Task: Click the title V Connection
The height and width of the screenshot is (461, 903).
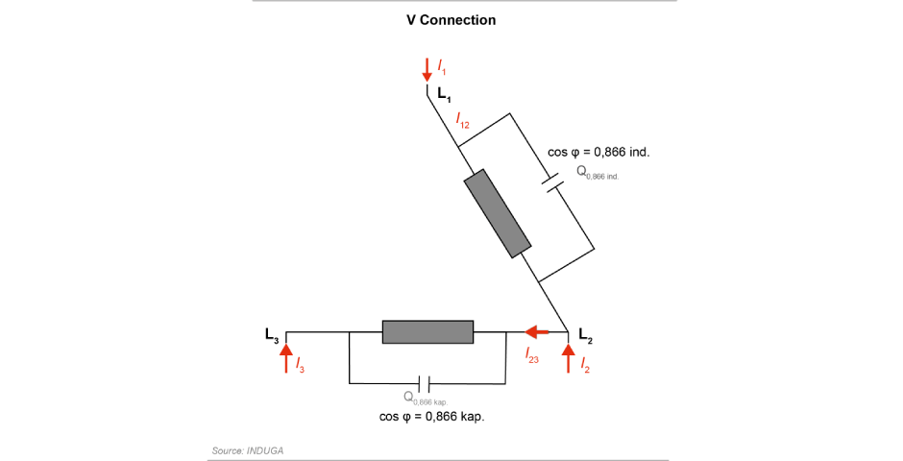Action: [x=451, y=20]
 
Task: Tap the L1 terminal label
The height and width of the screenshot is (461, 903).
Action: [x=444, y=94]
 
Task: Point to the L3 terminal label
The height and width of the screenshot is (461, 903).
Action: [x=273, y=335]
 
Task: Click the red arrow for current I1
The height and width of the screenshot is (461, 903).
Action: [x=427, y=70]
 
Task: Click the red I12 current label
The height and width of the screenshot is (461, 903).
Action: [x=462, y=121]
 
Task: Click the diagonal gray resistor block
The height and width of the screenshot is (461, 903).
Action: [x=498, y=213]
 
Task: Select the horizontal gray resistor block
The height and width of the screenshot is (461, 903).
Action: [x=427, y=331]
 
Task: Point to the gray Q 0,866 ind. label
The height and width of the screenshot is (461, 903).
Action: [x=597, y=173]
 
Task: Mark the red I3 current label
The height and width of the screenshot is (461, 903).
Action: [x=300, y=366]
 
